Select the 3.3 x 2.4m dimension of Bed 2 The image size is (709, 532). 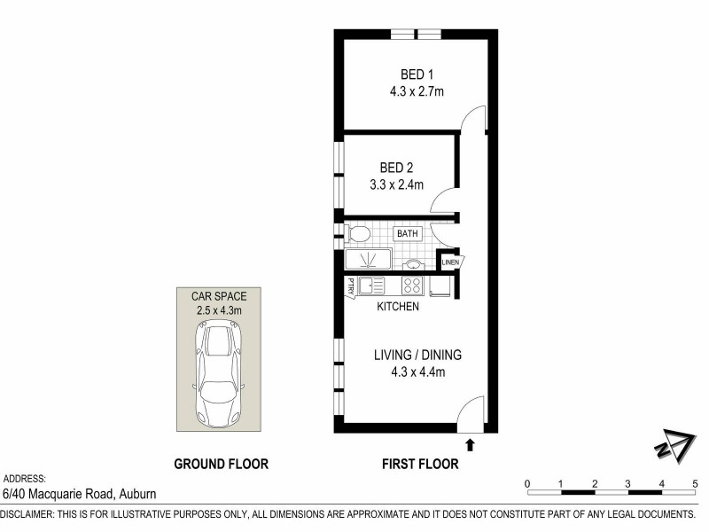tap(396, 185)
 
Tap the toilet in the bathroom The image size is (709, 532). tap(357, 234)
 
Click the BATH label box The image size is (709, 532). tap(408, 234)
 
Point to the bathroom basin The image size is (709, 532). tap(413, 264)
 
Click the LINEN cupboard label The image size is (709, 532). tap(452, 262)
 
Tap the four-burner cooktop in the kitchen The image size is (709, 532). tap(412, 286)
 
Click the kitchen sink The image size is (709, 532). tap(371, 286)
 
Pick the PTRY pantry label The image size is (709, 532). tap(351, 286)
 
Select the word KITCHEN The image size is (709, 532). tap(398, 307)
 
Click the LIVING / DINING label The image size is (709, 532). tap(415, 355)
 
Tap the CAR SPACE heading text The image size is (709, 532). tap(218, 295)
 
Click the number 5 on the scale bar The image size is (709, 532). tap(696, 483)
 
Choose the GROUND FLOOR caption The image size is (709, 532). tap(221, 463)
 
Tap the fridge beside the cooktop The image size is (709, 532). tap(440, 286)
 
